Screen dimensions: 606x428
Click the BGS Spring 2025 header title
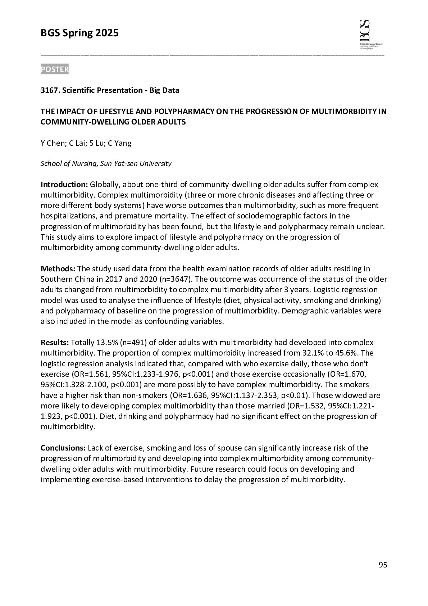(x=79, y=33)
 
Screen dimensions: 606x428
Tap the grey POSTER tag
(x=54, y=69)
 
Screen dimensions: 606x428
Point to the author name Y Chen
(x=53, y=143)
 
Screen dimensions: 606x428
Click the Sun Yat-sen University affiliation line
(x=106, y=164)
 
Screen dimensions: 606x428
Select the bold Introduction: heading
(x=64, y=185)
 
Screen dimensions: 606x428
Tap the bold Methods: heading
(x=58, y=269)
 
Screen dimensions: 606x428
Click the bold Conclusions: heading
(x=63, y=448)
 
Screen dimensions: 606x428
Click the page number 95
(x=383, y=565)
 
